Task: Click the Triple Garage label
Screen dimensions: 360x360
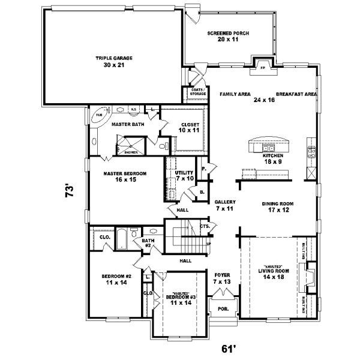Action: click(113, 61)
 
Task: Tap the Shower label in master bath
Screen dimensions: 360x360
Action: click(131, 152)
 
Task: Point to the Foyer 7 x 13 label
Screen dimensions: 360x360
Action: click(222, 278)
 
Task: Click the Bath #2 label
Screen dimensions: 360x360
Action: click(147, 243)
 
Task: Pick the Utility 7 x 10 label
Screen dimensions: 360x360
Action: click(185, 175)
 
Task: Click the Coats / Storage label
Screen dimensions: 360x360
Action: click(198, 92)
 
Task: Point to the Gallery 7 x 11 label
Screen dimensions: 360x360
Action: click(224, 205)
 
